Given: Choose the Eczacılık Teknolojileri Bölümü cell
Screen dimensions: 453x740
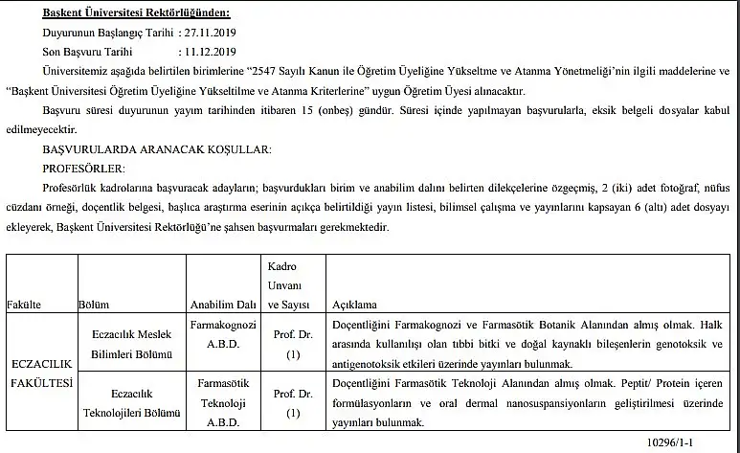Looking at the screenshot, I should (x=132, y=402).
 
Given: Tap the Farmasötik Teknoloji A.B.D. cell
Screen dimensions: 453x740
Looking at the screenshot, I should (x=222, y=402).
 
